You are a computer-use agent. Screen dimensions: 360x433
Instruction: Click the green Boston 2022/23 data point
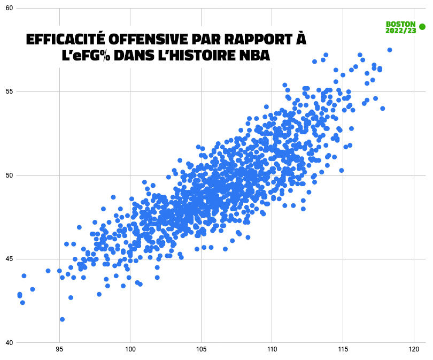pyautogui.click(x=422, y=27)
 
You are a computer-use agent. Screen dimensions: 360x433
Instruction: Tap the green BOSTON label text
pyautogui.click(x=400, y=24)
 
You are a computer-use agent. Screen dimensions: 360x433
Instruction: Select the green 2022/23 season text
pyautogui.click(x=400, y=31)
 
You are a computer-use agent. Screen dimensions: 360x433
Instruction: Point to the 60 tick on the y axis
pyautogui.click(x=9, y=9)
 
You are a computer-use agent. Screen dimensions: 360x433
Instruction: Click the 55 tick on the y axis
pyautogui.click(x=9, y=91)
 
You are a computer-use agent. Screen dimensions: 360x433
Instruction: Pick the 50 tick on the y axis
pyautogui.click(x=9, y=175)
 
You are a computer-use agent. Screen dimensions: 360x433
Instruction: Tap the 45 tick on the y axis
pyautogui.click(x=9, y=259)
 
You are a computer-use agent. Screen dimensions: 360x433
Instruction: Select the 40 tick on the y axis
pyautogui.click(x=9, y=343)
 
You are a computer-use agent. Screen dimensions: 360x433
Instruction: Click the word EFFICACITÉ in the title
pyautogui.click(x=65, y=41)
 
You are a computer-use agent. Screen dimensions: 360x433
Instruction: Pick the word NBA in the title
pyautogui.click(x=256, y=55)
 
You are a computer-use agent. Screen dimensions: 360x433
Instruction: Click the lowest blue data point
pyautogui.click(x=62, y=319)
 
